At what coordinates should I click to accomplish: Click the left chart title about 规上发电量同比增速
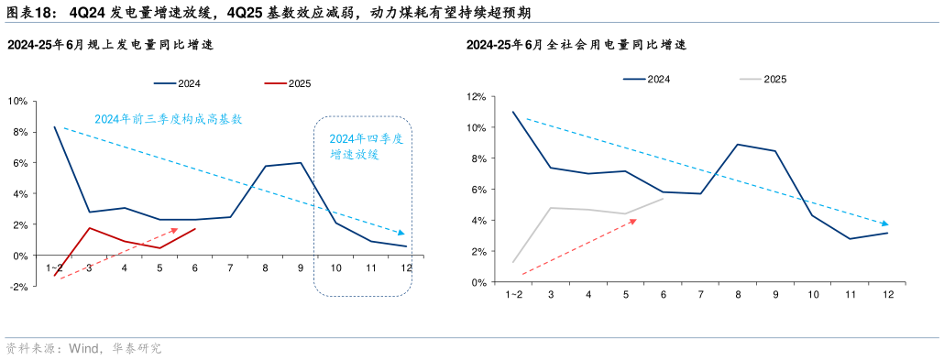click(x=111, y=44)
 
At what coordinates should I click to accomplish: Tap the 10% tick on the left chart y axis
click(x=16, y=101)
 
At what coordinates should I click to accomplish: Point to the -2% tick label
click(x=16, y=287)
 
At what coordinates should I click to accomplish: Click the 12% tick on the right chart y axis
click(x=475, y=96)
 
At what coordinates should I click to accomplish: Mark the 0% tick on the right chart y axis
click(x=477, y=282)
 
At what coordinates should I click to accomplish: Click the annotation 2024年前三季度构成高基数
click(x=169, y=119)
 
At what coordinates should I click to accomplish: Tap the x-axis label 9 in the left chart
click(x=302, y=267)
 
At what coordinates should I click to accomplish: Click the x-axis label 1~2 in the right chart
click(x=514, y=294)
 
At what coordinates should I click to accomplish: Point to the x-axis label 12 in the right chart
click(x=888, y=294)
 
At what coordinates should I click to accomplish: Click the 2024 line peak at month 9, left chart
click(x=302, y=163)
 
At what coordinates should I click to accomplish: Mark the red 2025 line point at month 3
click(x=89, y=228)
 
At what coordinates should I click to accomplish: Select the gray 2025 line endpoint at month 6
click(x=663, y=199)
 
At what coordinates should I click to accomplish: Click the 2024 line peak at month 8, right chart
click(x=738, y=145)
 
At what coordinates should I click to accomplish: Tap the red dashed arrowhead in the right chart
click(x=633, y=221)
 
